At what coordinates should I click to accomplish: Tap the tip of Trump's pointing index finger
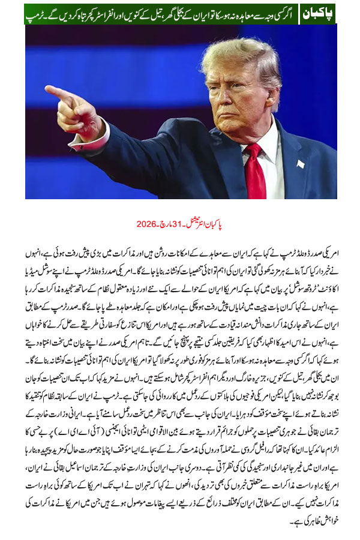(49, 91)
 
